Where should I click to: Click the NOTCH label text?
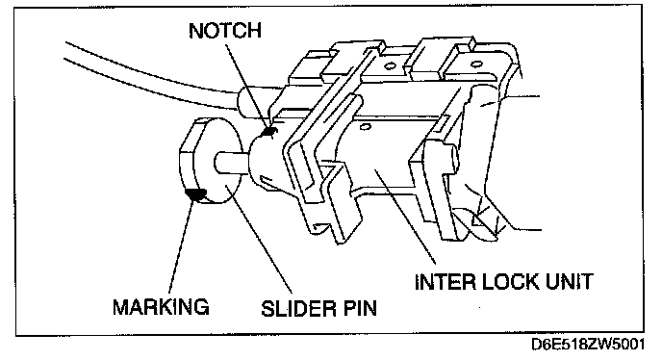click(x=225, y=30)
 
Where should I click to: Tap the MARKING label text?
click(x=161, y=306)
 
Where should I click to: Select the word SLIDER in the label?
click(x=295, y=308)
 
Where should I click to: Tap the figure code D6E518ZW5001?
click(x=588, y=345)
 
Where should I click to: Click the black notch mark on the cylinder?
click(x=268, y=132)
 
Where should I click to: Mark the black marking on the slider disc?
click(x=195, y=193)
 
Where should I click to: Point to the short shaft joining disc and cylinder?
click(x=232, y=161)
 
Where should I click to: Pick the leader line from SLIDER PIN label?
click(x=259, y=239)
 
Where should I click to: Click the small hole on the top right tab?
click(x=476, y=64)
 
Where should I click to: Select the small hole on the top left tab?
click(x=389, y=65)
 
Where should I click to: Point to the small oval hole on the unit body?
click(x=367, y=126)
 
